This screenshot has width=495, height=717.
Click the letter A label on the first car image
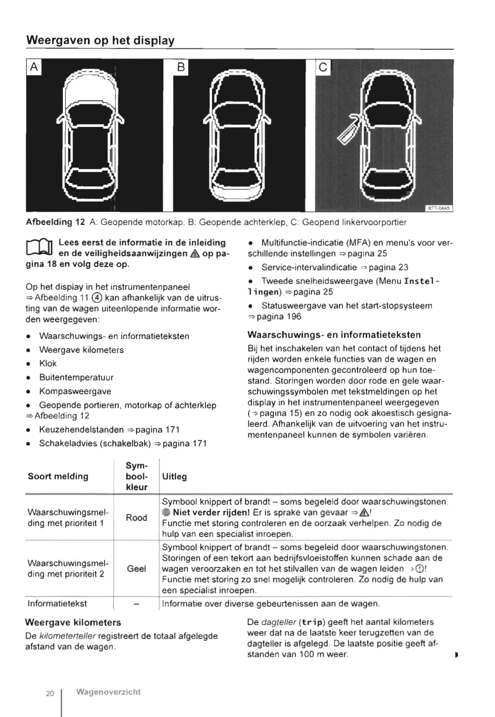pyautogui.click(x=34, y=67)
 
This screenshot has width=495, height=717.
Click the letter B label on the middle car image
pyautogui.click(x=181, y=67)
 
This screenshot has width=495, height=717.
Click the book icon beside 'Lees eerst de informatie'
pyautogui.click(x=39, y=248)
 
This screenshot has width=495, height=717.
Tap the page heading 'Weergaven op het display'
pyautogui.click(x=100, y=41)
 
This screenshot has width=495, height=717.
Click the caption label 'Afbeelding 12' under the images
pyautogui.click(x=55, y=222)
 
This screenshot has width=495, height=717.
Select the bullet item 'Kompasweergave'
pyautogui.click(x=75, y=391)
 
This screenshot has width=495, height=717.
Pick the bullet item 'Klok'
pyautogui.click(x=48, y=363)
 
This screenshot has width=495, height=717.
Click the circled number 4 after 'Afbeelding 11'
pyautogui.click(x=98, y=298)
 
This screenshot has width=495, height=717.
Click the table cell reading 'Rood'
pyautogui.click(x=136, y=518)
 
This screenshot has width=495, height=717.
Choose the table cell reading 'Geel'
pyautogui.click(x=136, y=569)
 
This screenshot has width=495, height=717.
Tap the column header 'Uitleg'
pyautogui.click(x=174, y=476)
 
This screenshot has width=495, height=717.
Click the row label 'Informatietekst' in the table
pyautogui.click(x=57, y=603)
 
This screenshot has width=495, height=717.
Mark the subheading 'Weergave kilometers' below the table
pyautogui.click(x=73, y=622)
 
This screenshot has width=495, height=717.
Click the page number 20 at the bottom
pyautogui.click(x=50, y=694)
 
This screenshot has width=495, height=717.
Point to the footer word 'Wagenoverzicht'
pyautogui.click(x=108, y=692)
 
